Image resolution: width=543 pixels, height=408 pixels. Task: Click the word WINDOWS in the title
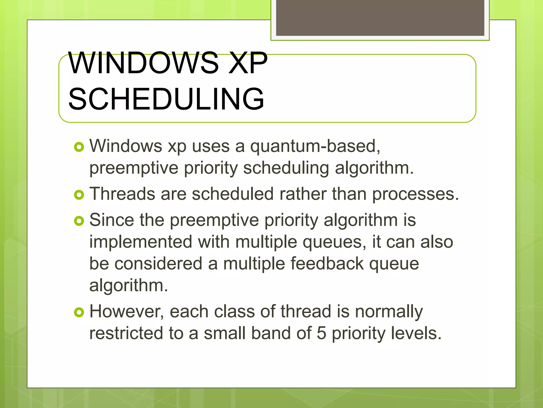coord(143,63)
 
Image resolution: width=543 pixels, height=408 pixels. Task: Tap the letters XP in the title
coord(248,63)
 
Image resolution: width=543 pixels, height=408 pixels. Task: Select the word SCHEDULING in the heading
coord(166,99)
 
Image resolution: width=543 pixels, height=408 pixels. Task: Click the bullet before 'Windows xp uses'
coord(79,147)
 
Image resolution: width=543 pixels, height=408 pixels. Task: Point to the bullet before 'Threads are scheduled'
coord(79,195)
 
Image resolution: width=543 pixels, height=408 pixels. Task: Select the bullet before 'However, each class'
coord(79,312)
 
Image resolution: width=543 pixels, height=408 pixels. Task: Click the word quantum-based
coord(315,146)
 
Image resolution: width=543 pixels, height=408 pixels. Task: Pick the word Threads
coord(122,194)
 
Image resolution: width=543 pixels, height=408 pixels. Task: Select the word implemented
coord(141,242)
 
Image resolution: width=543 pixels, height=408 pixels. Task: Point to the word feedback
coord(327,264)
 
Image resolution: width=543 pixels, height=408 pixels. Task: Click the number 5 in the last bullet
coord(321,333)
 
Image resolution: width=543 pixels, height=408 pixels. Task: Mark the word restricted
coord(126,333)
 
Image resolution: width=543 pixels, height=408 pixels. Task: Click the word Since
coord(112,220)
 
